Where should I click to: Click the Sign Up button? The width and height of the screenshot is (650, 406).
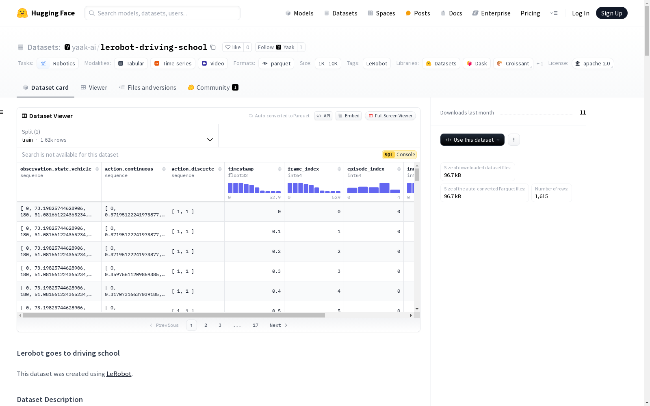click(x=611, y=13)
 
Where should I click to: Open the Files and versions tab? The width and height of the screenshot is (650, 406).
click(x=147, y=88)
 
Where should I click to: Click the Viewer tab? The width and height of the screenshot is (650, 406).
click(x=94, y=88)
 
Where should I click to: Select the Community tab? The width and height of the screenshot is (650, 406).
click(x=213, y=88)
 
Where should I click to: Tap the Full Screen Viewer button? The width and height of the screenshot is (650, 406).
click(x=390, y=116)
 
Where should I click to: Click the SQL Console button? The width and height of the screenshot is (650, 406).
click(x=399, y=155)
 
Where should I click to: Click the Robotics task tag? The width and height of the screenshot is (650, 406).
click(x=58, y=63)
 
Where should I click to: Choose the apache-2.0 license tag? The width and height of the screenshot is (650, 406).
click(x=593, y=63)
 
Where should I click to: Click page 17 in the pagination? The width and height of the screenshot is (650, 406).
click(x=256, y=325)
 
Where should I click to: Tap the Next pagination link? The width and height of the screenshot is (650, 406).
click(x=278, y=325)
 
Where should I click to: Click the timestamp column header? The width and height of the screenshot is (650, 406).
click(x=240, y=169)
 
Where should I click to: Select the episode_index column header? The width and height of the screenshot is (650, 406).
click(x=366, y=169)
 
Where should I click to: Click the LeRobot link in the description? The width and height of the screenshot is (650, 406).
click(x=119, y=374)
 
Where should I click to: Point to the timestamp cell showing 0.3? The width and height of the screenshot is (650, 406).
click(x=254, y=272)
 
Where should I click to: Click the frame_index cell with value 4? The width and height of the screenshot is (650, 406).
click(x=314, y=291)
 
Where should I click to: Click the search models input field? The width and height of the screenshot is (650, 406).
click(x=162, y=13)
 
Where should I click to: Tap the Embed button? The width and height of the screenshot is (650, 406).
click(x=349, y=116)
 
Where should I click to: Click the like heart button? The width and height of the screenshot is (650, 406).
click(x=233, y=47)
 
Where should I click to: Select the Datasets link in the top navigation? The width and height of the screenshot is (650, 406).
click(x=341, y=13)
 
